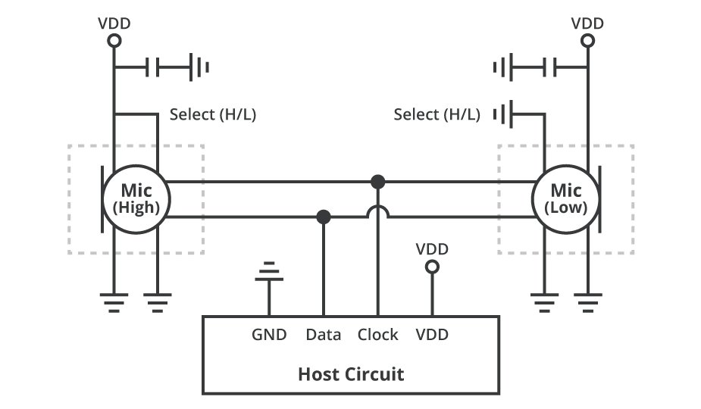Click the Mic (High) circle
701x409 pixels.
[136, 200]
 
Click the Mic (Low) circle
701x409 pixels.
[568, 198]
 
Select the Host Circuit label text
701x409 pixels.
[350, 373]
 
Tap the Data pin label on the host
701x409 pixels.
[324, 334]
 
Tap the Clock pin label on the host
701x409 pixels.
[377, 334]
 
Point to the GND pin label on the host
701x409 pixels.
[269, 334]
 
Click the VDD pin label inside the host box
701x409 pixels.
[432, 334]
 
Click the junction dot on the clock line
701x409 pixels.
[377, 182]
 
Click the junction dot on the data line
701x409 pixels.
[324, 217]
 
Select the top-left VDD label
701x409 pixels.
[114, 23]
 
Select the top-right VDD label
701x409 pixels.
[587, 23]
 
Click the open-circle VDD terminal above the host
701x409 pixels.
[432, 267]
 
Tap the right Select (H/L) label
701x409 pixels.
[437, 115]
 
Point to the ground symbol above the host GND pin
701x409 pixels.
[268, 272]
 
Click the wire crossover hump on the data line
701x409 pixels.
[377, 214]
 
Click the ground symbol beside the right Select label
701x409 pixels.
[502, 115]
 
